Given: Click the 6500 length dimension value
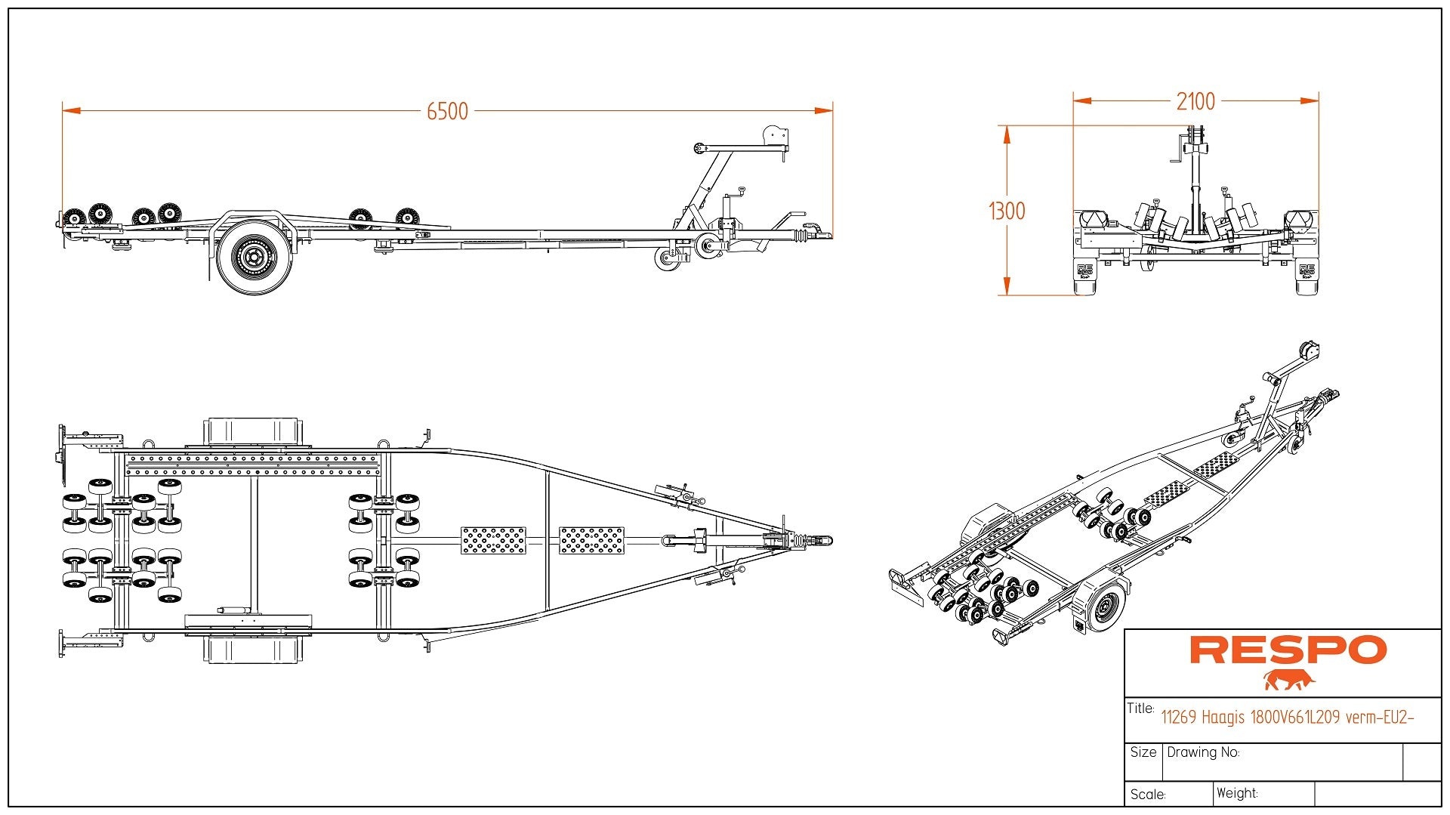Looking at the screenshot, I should (x=447, y=112).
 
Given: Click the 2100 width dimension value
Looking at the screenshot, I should (x=1195, y=101).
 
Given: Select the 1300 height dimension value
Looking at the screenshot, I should (x=1007, y=211).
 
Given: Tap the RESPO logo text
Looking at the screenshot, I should (x=1288, y=650).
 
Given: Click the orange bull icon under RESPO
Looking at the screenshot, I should (x=1288, y=680).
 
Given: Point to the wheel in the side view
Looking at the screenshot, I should (x=254, y=258).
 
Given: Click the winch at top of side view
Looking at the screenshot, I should (x=776, y=137).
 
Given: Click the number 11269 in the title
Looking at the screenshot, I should (x=1178, y=717).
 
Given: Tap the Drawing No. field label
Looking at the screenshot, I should (x=1203, y=752).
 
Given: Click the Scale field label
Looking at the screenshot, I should (x=1148, y=795).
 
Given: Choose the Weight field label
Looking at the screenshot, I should (x=1237, y=793).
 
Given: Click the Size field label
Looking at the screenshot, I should (x=1143, y=752).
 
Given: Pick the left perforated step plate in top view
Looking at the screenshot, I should (x=493, y=540).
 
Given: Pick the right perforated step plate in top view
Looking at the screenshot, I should (x=591, y=540).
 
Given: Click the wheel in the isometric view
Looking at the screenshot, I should (x=1104, y=607).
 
